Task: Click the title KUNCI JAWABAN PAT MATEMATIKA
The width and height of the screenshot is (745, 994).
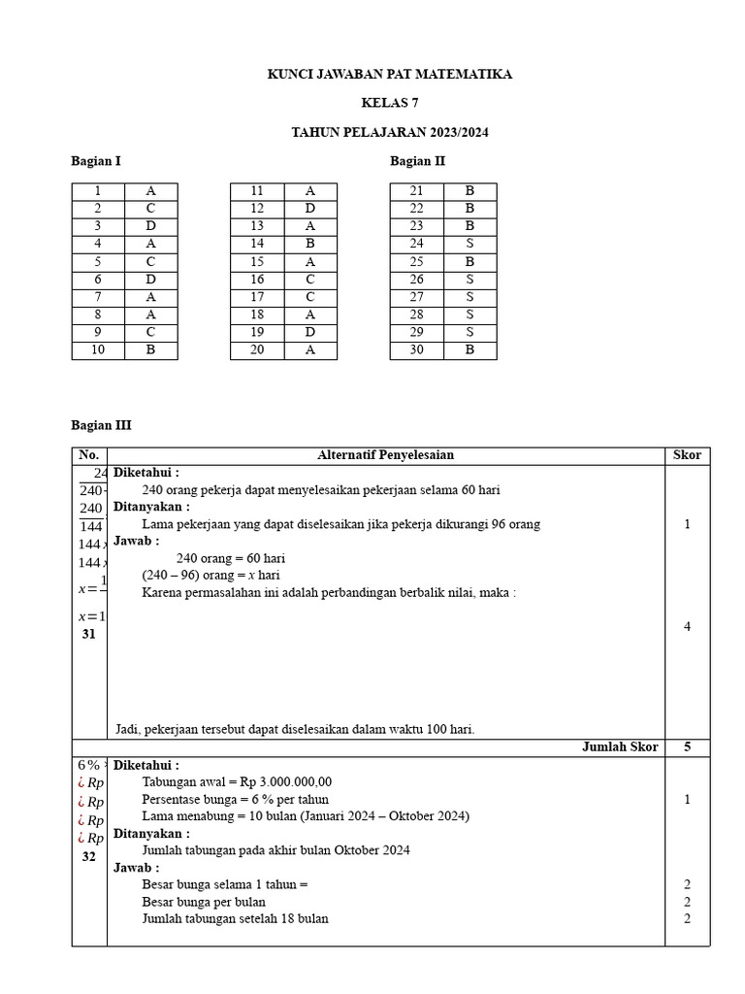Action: (389, 74)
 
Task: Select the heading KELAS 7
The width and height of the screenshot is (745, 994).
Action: (389, 103)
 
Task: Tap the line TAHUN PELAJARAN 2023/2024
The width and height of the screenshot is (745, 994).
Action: (389, 132)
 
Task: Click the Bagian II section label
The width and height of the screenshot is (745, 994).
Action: (417, 161)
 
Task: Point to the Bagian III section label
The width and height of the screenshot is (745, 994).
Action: (101, 424)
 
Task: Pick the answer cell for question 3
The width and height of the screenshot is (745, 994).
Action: (150, 226)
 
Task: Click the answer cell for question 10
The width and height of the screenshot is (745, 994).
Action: (150, 350)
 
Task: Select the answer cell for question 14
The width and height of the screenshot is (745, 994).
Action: (309, 244)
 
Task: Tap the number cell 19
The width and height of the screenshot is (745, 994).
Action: (257, 333)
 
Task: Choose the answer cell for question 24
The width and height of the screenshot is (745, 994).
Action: (470, 244)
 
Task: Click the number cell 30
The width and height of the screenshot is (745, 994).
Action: (416, 350)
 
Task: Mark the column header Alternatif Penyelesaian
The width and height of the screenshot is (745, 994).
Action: (385, 455)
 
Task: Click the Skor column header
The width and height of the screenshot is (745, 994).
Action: (687, 455)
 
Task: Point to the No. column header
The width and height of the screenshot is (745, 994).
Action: (89, 455)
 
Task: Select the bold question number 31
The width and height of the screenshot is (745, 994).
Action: (89, 634)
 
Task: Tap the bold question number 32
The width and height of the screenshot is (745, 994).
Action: (89, 857)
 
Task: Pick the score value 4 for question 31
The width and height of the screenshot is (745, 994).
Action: (687, 626)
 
